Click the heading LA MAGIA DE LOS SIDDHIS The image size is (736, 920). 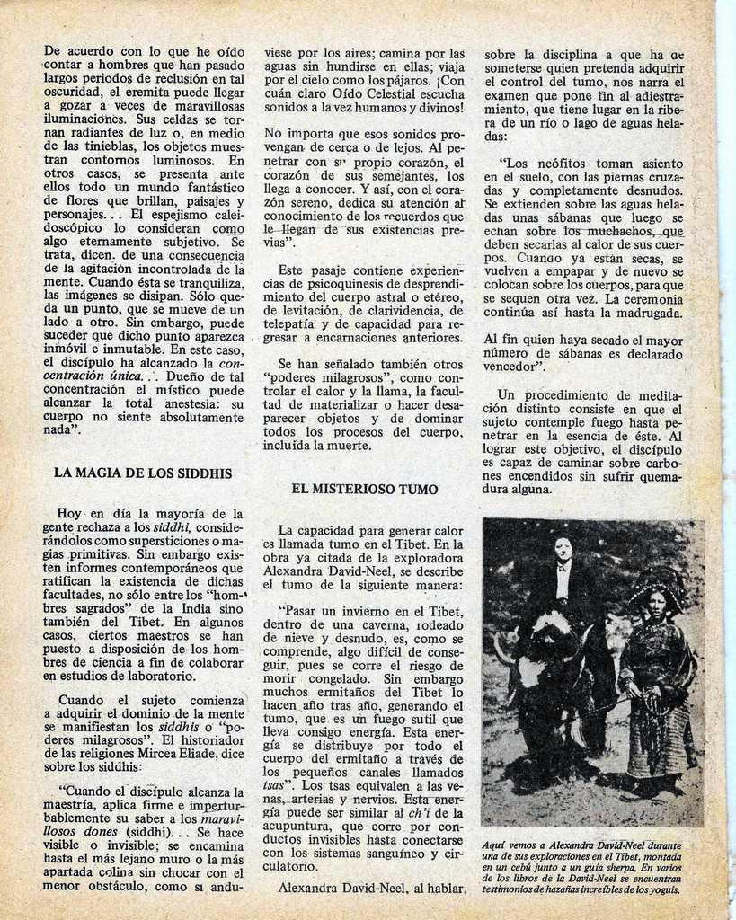pyautogui.click(x=143, y=473)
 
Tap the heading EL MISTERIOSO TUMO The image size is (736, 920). pyautogui.click(x=365, y=490)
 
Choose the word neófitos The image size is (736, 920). pyautogui.click(x=566, y=164)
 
